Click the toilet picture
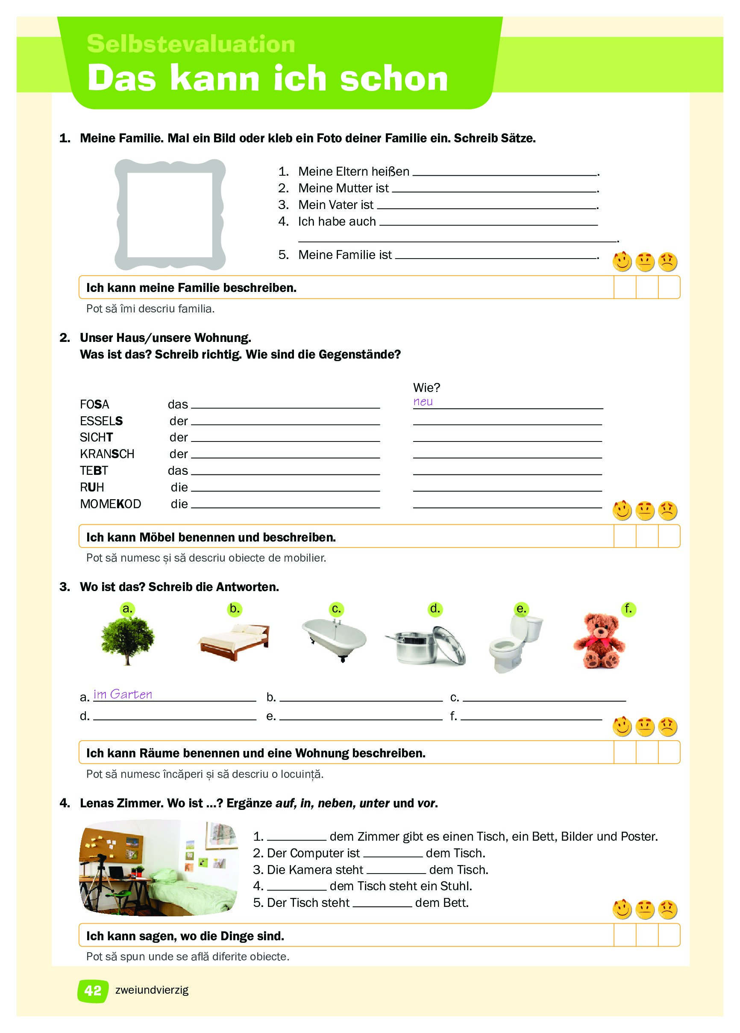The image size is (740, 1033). (514, 642)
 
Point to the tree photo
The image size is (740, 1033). (127, 640)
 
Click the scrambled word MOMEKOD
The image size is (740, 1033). (110, 504)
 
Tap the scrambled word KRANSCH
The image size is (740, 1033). (107, 454)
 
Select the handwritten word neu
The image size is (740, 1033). (423, 402)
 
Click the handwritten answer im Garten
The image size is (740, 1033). (123, 694)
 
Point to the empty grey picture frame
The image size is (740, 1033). (170, 214)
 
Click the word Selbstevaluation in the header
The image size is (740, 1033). (191, 44)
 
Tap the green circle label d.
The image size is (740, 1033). (435, 609)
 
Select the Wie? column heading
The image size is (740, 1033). (426, 388)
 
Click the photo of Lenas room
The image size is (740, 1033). (159, 868)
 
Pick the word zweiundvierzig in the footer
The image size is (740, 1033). (152, 990)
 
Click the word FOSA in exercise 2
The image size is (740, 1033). (94, 404)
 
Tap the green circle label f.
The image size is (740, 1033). (628, 609)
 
